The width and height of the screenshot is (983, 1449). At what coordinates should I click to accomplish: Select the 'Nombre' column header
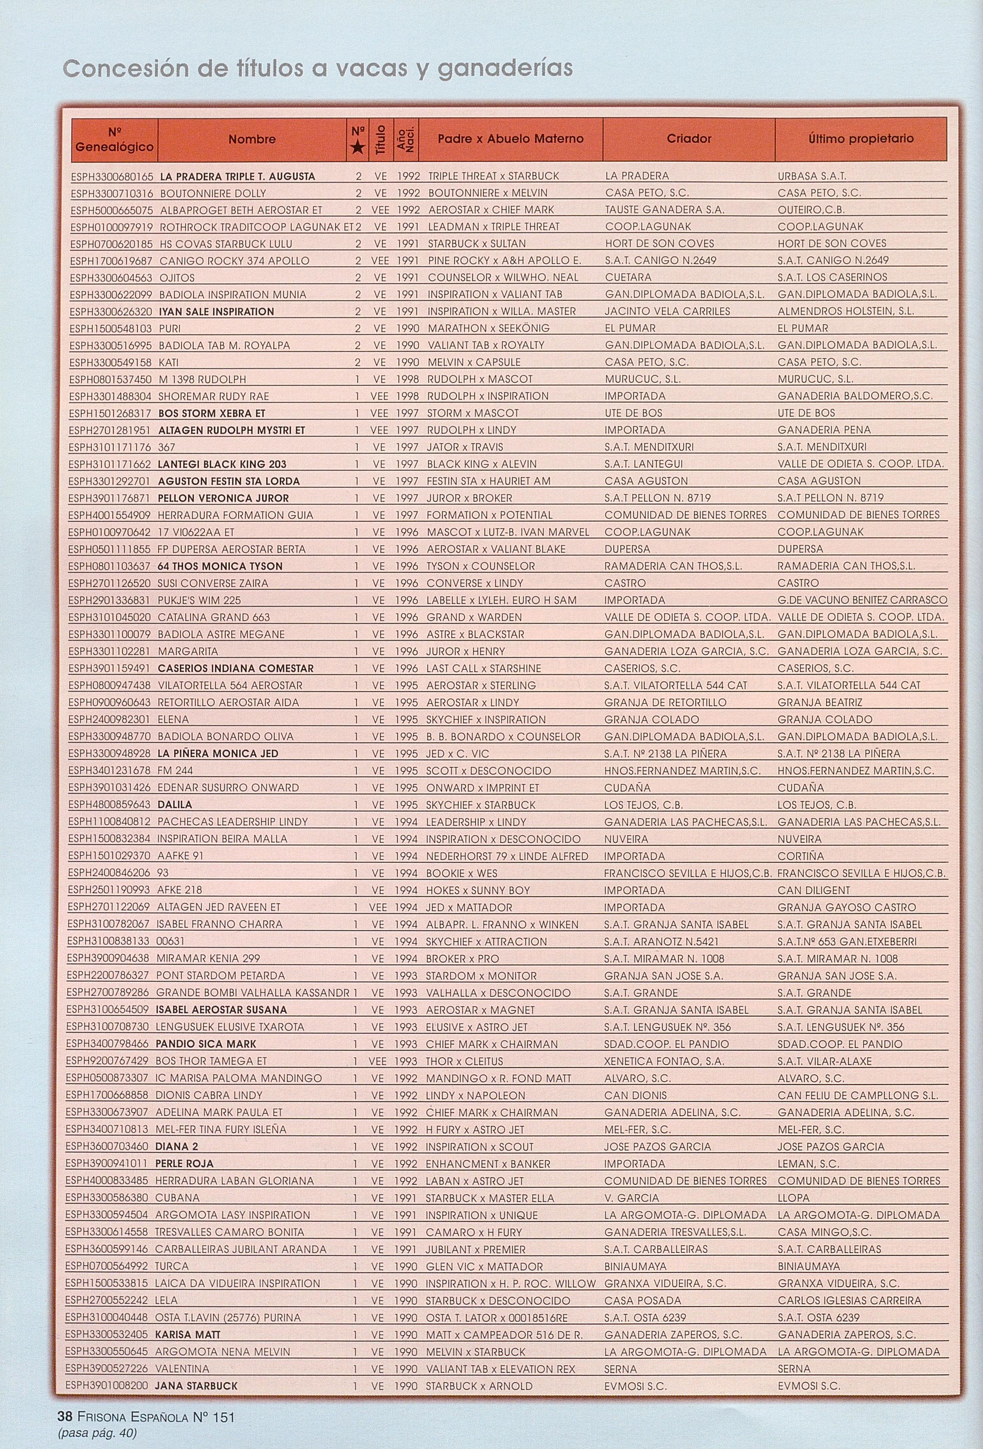click(x=251, y=139)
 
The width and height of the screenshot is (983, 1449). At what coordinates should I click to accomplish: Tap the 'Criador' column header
click(x=689, y=138)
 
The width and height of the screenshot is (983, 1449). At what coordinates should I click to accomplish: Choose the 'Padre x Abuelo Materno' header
click(x=510, y=138)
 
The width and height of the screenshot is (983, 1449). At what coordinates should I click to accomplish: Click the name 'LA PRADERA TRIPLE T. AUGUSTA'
click(x=237, y=176)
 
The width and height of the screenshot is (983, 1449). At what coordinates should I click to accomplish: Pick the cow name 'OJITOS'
click(x=177, y=277)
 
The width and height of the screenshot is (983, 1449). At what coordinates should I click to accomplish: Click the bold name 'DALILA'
click(x=175, y=805)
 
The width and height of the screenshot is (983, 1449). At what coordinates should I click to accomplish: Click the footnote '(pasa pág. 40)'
click(x=97, y=1432)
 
